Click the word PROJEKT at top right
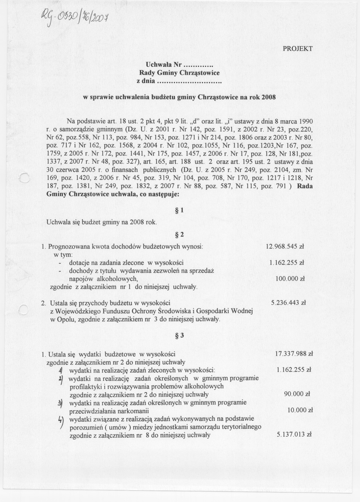click(x=297, y=49)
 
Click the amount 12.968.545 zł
click(x=285, y=246)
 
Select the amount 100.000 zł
click(x=290, y=278)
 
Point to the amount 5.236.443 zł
click(x=288, y=303)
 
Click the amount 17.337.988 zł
click(x=294, y=353)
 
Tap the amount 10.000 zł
click(x=297, y=410)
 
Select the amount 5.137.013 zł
click(x=294, y=434)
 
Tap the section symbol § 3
click(x=179, y=336)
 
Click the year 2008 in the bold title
click(x=268, y=97)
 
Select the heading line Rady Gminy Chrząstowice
click(x=179, y=73)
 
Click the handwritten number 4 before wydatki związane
click(x=60, y=420)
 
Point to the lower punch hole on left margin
click(x=23, y=310)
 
